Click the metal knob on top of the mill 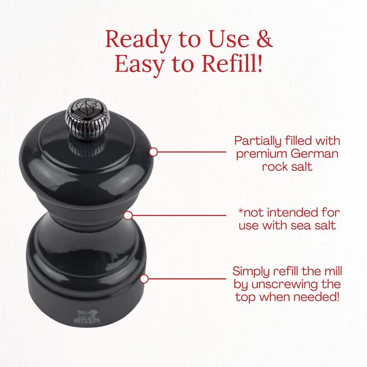88,119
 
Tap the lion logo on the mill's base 87,316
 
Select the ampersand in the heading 265,39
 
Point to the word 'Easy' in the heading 139,65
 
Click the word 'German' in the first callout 315,154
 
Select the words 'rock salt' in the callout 287,167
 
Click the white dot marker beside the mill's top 153,152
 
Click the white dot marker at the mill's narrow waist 128,216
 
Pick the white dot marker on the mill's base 144,279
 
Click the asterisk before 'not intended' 241,211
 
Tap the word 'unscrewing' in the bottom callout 284,285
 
